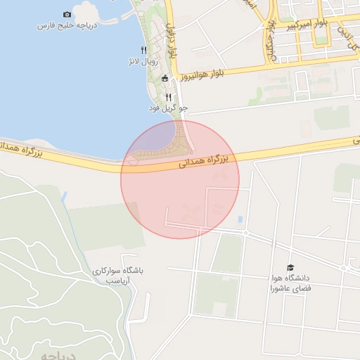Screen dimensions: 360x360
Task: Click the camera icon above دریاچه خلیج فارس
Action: point(67,14)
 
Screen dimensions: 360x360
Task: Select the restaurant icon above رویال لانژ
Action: point(143,49)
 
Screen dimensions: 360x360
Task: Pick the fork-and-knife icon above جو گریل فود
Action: point(168,97)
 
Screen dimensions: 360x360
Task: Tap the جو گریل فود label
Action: point(168,108)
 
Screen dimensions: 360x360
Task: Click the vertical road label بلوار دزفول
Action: point(172,41)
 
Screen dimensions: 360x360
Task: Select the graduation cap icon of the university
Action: point(290,267)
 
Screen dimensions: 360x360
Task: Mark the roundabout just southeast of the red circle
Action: point(245,233)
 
